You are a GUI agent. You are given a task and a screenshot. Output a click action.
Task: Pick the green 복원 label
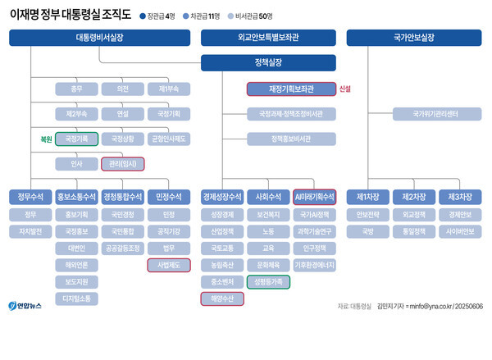[46, 139]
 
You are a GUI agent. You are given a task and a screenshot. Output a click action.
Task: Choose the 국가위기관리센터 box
[412, 113]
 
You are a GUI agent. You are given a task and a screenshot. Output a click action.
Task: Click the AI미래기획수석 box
[314, 197]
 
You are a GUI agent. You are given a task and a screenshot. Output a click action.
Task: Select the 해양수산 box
[222, 298]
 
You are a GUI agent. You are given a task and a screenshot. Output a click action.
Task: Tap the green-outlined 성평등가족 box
[268, 281]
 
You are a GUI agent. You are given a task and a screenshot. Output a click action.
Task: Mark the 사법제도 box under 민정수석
[168, 265]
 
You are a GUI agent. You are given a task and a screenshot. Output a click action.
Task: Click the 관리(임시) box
[123, 164]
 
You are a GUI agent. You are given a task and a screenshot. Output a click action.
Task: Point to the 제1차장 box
[366, 197]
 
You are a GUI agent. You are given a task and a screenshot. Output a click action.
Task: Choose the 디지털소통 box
[77, 298]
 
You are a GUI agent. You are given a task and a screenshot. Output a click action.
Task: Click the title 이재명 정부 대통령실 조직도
[69, 14]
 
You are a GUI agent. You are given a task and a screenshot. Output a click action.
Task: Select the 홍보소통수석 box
[77, 197]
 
